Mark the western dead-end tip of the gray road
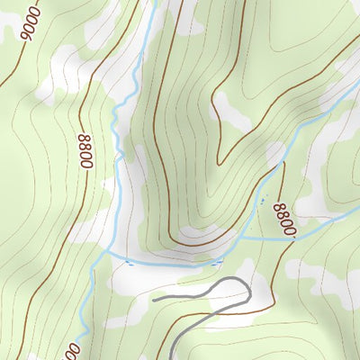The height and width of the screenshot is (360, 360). [x=154, y=296]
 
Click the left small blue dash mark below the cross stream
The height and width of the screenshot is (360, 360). [x=130, y=264]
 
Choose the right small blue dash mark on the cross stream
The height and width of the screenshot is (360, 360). [x=216, y=261]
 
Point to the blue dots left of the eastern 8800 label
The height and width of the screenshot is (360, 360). [x=263, y=200]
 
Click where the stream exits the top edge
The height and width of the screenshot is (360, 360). [x=153, y=2]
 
